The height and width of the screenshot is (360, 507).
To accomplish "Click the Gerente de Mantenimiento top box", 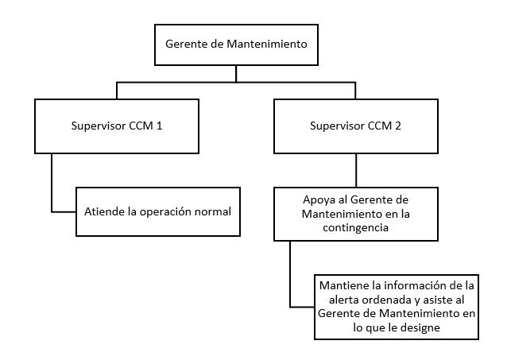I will [x=235, y=45].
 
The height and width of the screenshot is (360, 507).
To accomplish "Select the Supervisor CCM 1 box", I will [x=118, y=126].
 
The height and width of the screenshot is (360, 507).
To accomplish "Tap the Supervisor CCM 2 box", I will [x=355, y=126].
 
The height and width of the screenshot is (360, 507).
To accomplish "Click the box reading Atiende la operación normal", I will [x=158, y=211].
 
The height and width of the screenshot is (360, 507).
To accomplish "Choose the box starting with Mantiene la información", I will [x=395, y=306].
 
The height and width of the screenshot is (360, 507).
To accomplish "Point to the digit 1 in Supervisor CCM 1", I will [x=160, y=126].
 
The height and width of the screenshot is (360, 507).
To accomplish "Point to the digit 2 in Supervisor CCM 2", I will [x=398, y=126].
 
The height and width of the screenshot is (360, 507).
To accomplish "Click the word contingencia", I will [x=355, y=226].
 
